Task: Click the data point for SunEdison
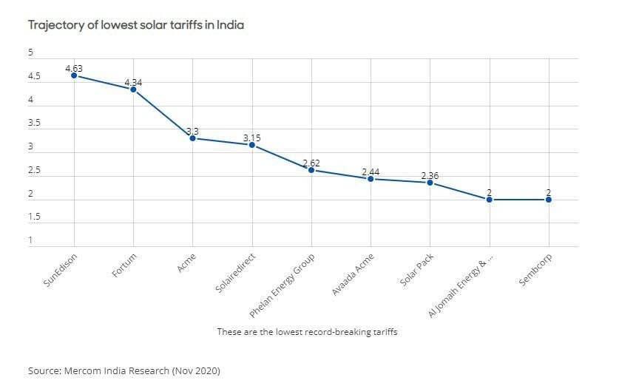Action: [74, 75]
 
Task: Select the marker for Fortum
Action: [133, 89]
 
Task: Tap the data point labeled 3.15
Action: [251, 145]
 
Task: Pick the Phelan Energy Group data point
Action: [311, 170]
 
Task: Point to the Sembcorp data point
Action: [549, 200]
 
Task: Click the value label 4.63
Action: [74, 68]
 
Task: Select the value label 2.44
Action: [371, 172]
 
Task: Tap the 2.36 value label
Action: [430, 175]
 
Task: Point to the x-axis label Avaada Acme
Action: [354, 274]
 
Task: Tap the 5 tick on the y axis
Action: [31, 52]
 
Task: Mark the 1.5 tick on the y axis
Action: [34, 217]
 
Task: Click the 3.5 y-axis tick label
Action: [34, 123]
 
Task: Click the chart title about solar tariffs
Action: [136, 25]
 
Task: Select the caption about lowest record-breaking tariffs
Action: [307, 332]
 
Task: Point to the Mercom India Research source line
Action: [124, 369]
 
